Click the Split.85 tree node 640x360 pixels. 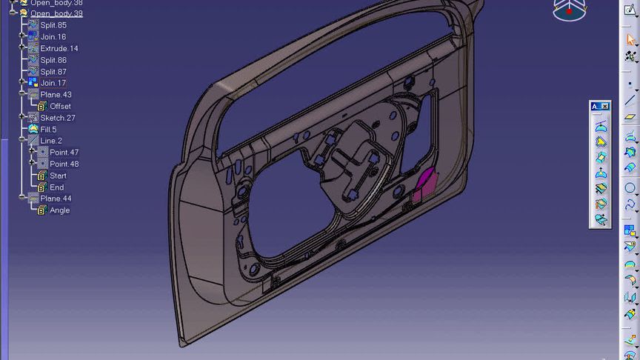[53, 25]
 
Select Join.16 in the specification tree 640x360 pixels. [53, 37]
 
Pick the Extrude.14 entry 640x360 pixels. [59, 48]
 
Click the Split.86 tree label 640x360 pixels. [53, 60]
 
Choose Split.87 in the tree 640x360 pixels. [53, 72]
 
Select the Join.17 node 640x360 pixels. [53, 83]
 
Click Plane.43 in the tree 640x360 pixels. [56, 95]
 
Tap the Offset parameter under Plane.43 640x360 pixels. [60, 107]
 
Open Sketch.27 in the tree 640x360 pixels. [57, 118]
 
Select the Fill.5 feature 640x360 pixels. [48, 130]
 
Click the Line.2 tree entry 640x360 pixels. [51, 141]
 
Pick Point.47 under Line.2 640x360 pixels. [64, 153]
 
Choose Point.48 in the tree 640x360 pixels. [64, 164]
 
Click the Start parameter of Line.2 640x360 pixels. [58, 176]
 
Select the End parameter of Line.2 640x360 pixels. [56, 187]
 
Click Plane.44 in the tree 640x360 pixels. [56, 199]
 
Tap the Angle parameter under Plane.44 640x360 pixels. [59, 210]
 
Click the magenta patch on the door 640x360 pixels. [424, 182]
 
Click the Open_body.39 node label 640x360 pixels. [56, 13]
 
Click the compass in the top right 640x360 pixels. [568, 10]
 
